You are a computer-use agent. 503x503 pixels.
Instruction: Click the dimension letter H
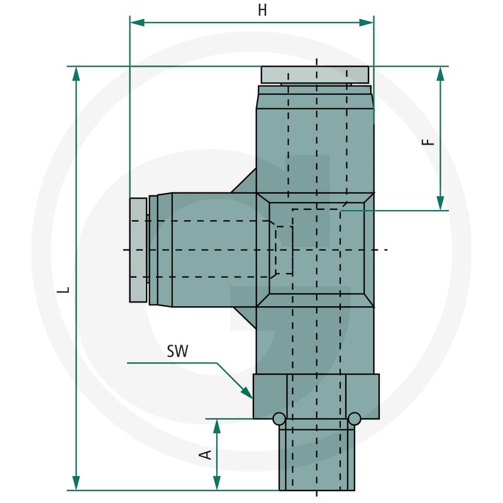pos(262,11)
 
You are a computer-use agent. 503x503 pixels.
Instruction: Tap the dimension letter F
pos(428,142)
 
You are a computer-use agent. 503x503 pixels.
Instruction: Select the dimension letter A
pos(206,455)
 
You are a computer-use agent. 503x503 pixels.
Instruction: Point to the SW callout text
pos(177,351)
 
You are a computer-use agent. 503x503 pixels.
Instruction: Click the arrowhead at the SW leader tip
pos(247,393)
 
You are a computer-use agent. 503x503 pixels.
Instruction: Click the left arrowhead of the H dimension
pos(137,23)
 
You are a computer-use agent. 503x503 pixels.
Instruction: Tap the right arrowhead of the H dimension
pos(367,23)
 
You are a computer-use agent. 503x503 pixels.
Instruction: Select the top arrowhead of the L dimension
pos(76,74)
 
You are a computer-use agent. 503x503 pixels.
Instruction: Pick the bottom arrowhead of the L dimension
pos(76,483)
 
